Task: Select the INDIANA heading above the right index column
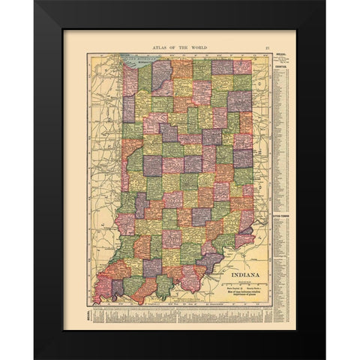coord(282,55)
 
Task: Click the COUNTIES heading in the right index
coord(282,64)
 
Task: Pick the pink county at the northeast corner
coord(242,67)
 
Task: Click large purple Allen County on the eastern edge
coord(239,100)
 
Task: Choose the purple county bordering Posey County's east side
coord(116,288)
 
